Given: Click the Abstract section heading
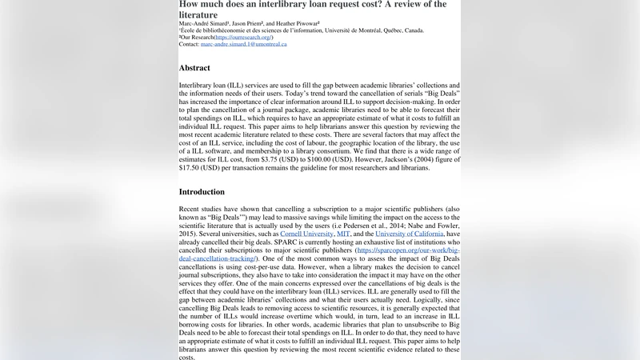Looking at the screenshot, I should click(x=194, y=68).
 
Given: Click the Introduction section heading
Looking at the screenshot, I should click(x=202, y=192).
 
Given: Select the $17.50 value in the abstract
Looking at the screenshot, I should click(x=189, y=168).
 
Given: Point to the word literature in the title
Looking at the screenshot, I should click(x=198, y=14).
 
